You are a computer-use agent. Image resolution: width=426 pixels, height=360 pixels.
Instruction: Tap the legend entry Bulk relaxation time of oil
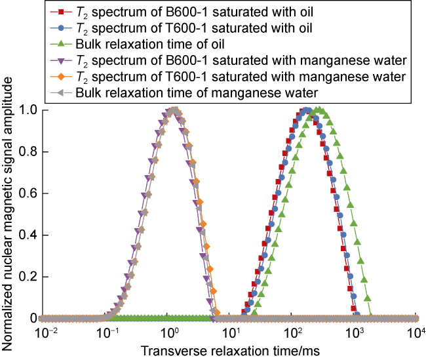tap(151, 45)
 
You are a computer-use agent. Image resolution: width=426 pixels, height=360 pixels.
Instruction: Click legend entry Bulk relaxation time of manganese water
tap(197, 93)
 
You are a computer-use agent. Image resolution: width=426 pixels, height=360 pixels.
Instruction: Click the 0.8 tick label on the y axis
tap(27, 151)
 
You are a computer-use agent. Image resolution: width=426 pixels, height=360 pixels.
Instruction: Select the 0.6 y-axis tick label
tap(27, 193)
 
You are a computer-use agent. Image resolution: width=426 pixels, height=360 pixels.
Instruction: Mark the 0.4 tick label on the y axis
tap(27, 235)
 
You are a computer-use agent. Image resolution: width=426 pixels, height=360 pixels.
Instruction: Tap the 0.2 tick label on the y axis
tap(27, 277)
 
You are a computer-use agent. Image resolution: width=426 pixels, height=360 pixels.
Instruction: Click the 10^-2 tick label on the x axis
tap(46, 333)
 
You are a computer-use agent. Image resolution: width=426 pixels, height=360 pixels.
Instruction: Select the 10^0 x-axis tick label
tap(170, 333)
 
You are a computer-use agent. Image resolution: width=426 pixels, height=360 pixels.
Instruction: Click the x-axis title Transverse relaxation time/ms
tap(228, 351)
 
